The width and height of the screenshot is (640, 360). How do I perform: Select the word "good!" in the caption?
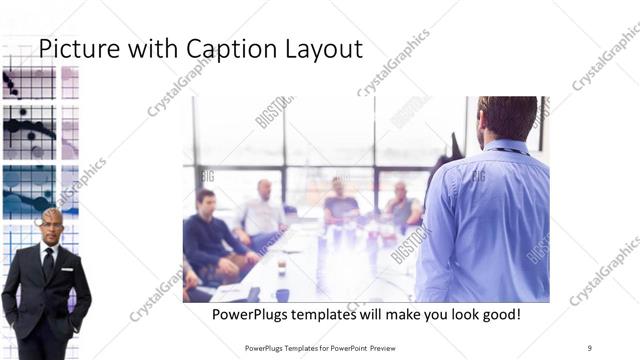coord(497,314)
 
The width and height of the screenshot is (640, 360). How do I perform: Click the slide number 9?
coord(589,347)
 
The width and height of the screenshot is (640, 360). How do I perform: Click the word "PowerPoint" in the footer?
coord(353,347)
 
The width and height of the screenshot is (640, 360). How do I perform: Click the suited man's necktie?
coord(48,263)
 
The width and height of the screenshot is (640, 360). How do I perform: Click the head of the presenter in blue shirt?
coord(507,118)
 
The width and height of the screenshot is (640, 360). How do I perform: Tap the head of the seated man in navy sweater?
coord(205,199)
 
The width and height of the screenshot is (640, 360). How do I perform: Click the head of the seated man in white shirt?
coord(264,189)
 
